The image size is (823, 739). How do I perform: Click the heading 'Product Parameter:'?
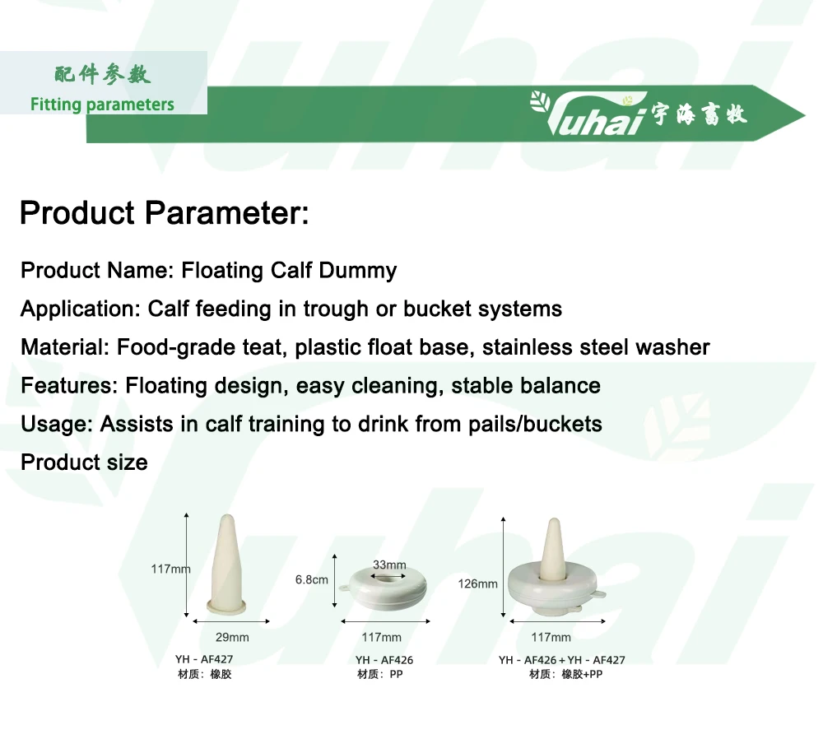164,213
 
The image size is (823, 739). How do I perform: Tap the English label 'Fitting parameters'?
102,105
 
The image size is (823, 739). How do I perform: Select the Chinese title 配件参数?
103,75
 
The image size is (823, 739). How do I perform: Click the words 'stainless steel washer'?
596,347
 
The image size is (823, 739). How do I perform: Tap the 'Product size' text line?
84,462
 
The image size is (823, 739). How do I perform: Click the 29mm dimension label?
232,637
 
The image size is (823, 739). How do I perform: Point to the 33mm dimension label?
389,565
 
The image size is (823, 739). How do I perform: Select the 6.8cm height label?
311,579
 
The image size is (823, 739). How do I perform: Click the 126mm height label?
477,583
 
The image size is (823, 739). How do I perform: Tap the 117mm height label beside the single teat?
170,569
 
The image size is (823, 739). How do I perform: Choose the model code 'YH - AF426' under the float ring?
384,660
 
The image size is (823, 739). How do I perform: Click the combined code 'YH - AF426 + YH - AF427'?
561,660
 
